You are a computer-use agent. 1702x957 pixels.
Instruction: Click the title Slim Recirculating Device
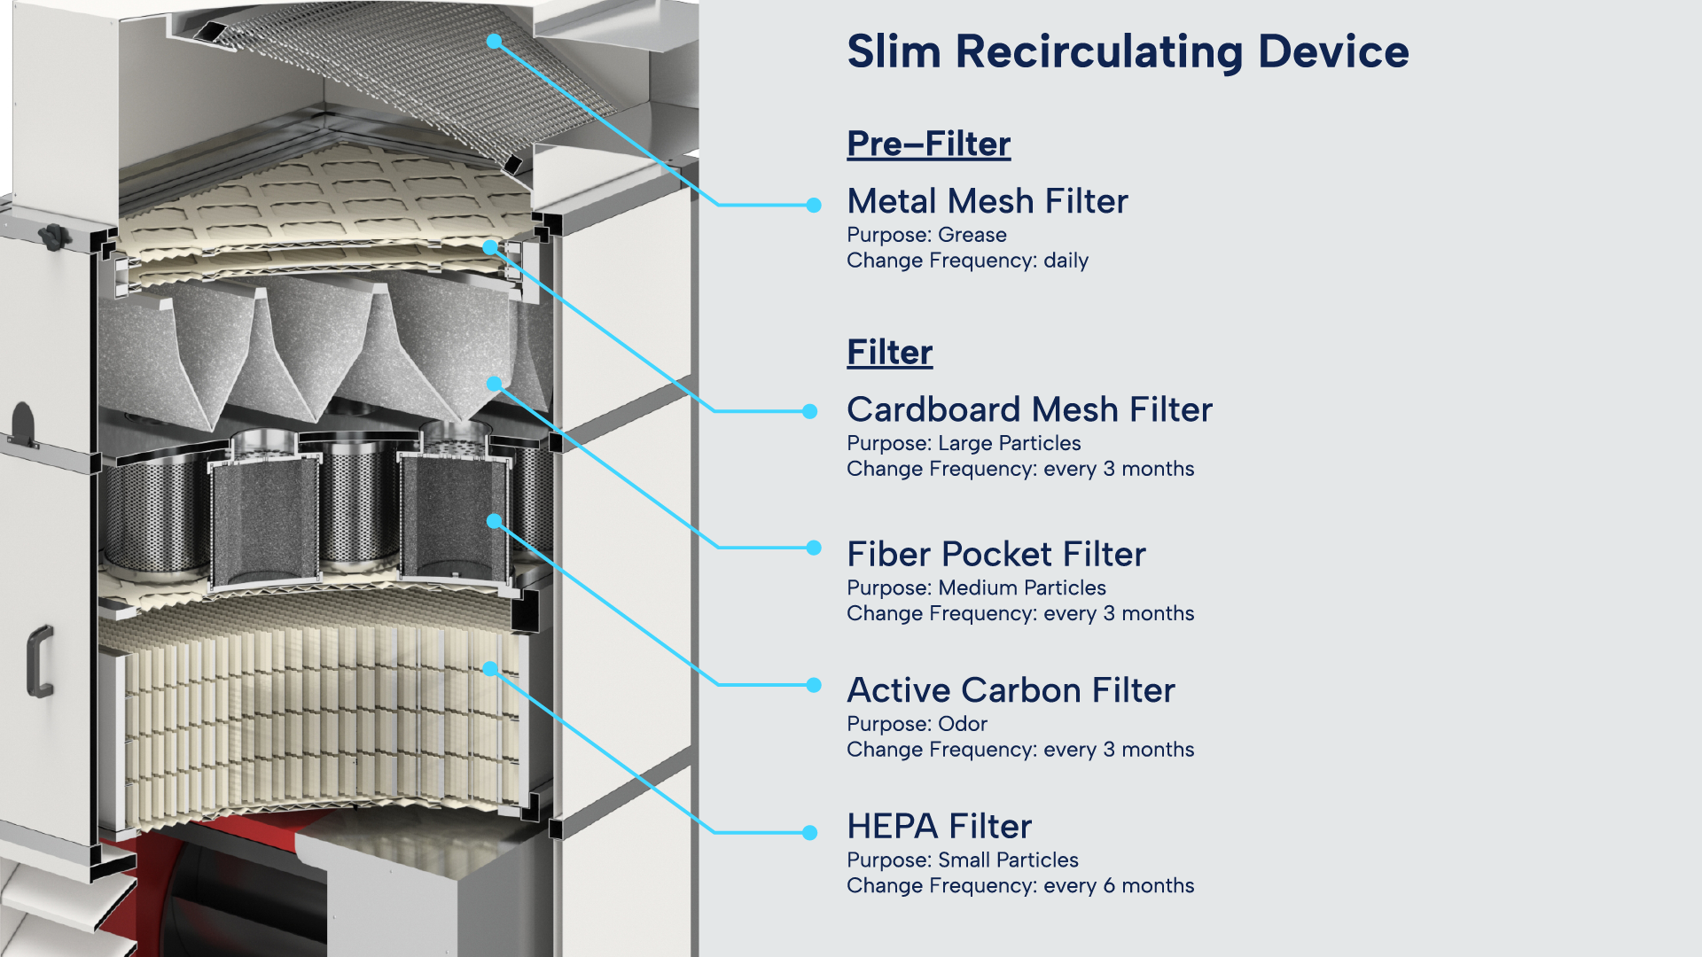pos(1128,51)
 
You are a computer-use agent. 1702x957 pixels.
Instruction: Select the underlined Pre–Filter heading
pos(928,144)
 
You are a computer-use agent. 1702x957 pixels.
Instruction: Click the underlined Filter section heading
pos(889,352)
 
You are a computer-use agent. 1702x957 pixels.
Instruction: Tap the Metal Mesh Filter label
pos(987,201)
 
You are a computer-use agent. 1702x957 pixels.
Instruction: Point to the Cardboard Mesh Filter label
pos(1029,409)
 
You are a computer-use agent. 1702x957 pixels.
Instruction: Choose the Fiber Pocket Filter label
pos(995,554)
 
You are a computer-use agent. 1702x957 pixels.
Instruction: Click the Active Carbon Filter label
pos(1011,690)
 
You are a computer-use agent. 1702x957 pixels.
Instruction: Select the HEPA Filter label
pos(939,826)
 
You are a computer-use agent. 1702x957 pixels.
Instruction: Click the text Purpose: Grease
pos(926,235)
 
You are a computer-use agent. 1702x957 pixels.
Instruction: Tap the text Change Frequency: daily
pos(967,261)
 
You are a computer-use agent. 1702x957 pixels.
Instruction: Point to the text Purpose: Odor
pos(917,724)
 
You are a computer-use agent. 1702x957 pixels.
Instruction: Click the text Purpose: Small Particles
pos(962,860)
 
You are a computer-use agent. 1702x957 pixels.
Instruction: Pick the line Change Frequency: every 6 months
pos(1020,885)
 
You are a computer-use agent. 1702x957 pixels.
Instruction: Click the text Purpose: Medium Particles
pos(976,587)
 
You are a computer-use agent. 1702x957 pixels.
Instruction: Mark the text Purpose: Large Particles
pos(964,443)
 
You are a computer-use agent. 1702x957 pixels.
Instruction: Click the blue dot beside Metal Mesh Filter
pos(814,205)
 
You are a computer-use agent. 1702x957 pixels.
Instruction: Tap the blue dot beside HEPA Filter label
pos(809,832)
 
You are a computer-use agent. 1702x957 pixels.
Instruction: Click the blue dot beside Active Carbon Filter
pos(814,685)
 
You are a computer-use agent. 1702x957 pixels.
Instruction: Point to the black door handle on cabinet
pos(40,660)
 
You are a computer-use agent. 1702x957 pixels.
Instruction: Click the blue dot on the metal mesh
pos(494,41)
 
